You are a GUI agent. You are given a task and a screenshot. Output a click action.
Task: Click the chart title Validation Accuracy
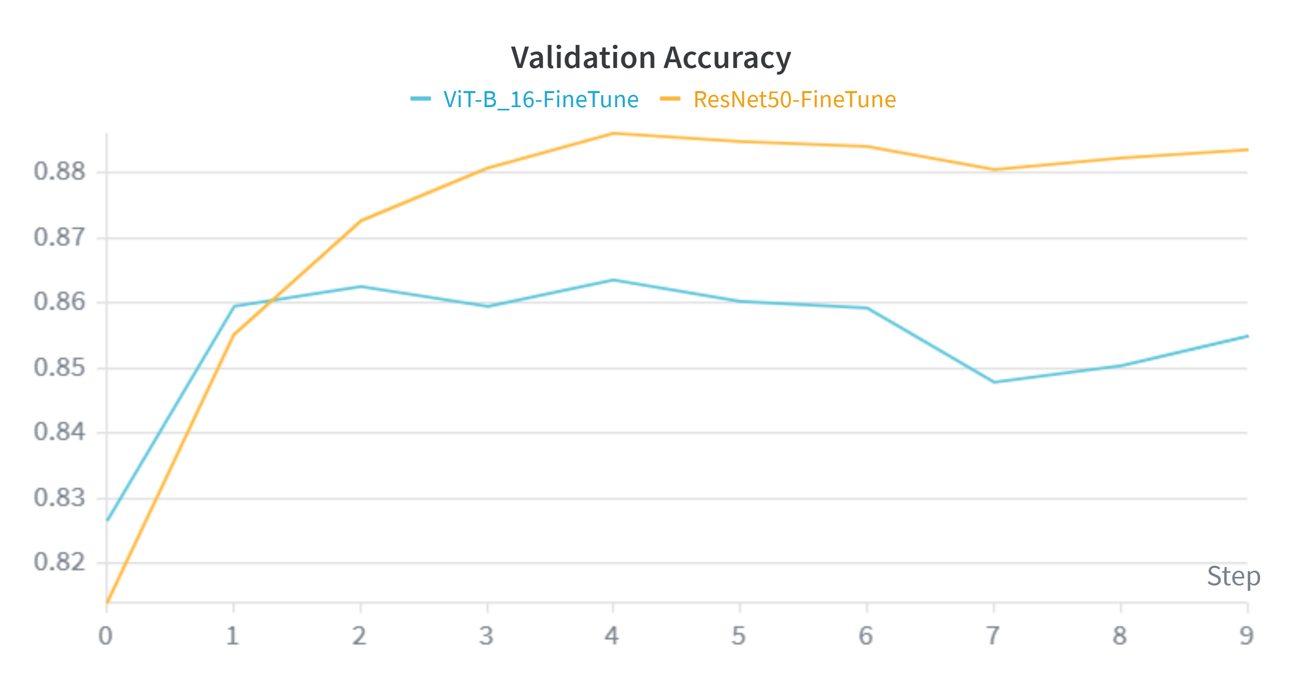pos(651,58)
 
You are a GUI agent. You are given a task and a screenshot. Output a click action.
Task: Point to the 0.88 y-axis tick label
pos(59,171)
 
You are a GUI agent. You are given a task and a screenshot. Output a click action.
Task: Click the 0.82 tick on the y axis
pos(59,562)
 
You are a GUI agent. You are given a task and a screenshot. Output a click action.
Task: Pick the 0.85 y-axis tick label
pos(59,368)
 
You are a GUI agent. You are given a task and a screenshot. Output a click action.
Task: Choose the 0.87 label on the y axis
pos(59,237)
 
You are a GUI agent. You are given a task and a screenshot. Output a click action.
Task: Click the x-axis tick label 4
pos(612,635)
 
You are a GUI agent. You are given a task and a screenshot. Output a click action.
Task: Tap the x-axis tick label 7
pos(993,635)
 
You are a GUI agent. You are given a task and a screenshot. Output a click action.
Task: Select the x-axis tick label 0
pos(105,635)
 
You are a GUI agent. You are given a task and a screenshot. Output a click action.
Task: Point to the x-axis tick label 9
pos(1247,635)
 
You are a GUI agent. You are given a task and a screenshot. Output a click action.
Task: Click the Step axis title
pos(1233,576)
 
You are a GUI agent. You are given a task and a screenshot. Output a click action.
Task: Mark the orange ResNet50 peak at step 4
pos(613,134)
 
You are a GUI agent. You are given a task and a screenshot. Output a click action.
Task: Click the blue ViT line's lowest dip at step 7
pos(994,382)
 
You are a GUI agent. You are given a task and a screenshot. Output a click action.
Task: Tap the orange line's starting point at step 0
pos(107,602)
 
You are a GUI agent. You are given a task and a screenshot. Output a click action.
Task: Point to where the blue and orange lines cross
pos(272,301)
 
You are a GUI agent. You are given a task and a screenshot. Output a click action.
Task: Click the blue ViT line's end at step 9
pos(1247,336)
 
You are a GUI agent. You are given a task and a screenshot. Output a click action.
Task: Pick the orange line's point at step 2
pos(361,220)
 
